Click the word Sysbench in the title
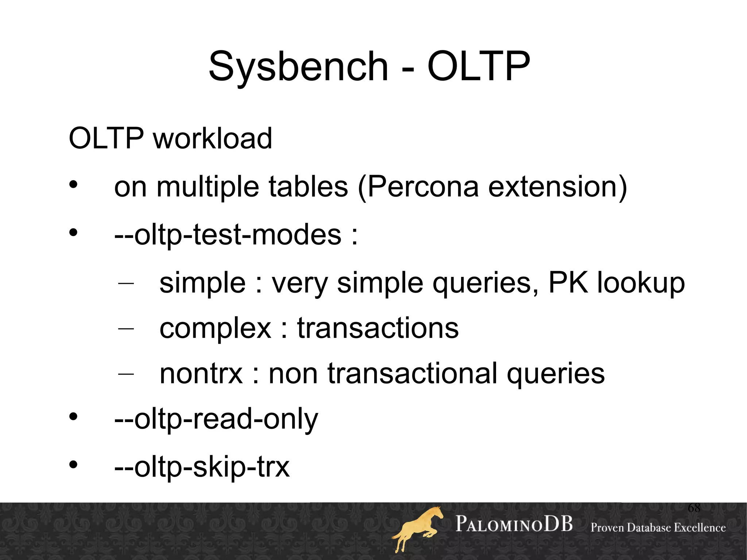[x=298, y=67]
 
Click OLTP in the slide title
[x=478, y=66]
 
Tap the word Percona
[x=423, y=187]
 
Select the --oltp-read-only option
[x=216, y=419]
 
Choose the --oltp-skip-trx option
[x=202, y=467]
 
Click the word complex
[x=215, y=328]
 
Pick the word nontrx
[x=201, y=373]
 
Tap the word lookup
[x=641, y=283]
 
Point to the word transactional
[x=413, y=373]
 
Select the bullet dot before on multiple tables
[x=73, y=185]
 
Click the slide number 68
[x=694, y=507]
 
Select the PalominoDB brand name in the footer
[x=514, y=524]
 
